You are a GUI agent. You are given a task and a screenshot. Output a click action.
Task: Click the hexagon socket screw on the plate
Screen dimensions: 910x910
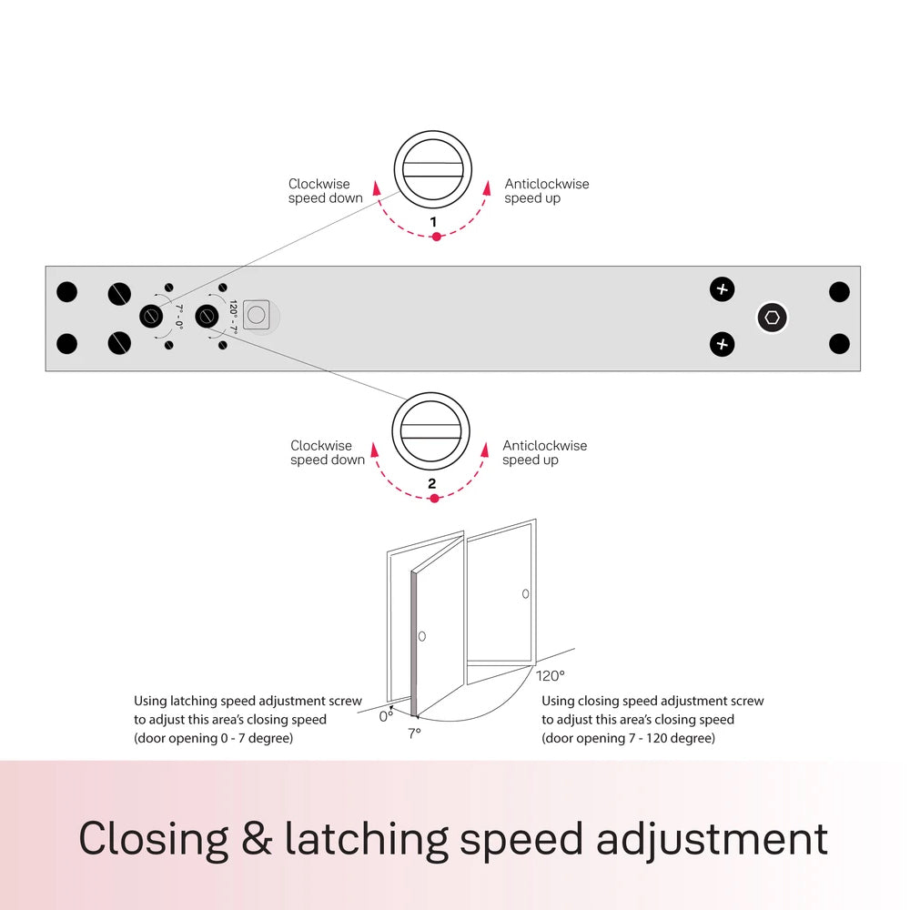[x=772, y=318]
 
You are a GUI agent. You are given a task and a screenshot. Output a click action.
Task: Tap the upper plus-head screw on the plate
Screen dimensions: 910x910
[x=722, y=289]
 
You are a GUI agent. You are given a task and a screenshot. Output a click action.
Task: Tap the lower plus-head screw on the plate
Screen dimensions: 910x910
[x=722, y=344]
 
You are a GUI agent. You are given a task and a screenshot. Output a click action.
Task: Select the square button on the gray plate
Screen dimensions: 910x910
[x=256, y=315]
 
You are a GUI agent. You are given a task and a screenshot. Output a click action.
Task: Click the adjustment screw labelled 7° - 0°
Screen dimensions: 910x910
[x=151, y=317]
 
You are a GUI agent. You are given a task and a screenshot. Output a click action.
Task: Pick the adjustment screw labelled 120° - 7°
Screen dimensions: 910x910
[x=207, y=317]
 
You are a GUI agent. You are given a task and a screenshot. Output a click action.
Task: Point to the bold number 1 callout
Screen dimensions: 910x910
[x=433, y=222]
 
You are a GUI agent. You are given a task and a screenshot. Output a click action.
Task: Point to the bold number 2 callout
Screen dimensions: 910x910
[x=431, y=483]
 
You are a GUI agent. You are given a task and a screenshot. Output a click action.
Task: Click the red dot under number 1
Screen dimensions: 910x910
[x=437, y=237]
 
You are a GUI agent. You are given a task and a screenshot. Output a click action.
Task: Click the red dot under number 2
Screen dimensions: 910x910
[x=434, y=499]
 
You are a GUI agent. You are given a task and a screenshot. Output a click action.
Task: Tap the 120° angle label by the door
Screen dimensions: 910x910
[x=551, y=676]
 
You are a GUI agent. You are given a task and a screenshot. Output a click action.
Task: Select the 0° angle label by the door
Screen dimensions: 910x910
[x=386, y=717]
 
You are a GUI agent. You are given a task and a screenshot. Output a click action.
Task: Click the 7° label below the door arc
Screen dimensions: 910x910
[x=414, y=733]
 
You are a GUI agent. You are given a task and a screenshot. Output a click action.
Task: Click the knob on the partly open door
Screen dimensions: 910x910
[x=422, y=636]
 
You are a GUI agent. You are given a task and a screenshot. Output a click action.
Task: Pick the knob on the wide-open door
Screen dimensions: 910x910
[x=525, y=593]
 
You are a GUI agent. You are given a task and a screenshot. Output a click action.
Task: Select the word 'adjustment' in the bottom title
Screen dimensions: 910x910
[x=713, y=840]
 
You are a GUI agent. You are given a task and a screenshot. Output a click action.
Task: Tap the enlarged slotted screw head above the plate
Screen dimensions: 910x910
[x=433, y=169]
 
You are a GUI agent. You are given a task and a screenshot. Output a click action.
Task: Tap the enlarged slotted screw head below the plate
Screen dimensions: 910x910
[x=430, y=431]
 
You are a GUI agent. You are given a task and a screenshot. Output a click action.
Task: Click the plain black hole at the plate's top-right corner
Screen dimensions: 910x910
[x=839, y=292]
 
